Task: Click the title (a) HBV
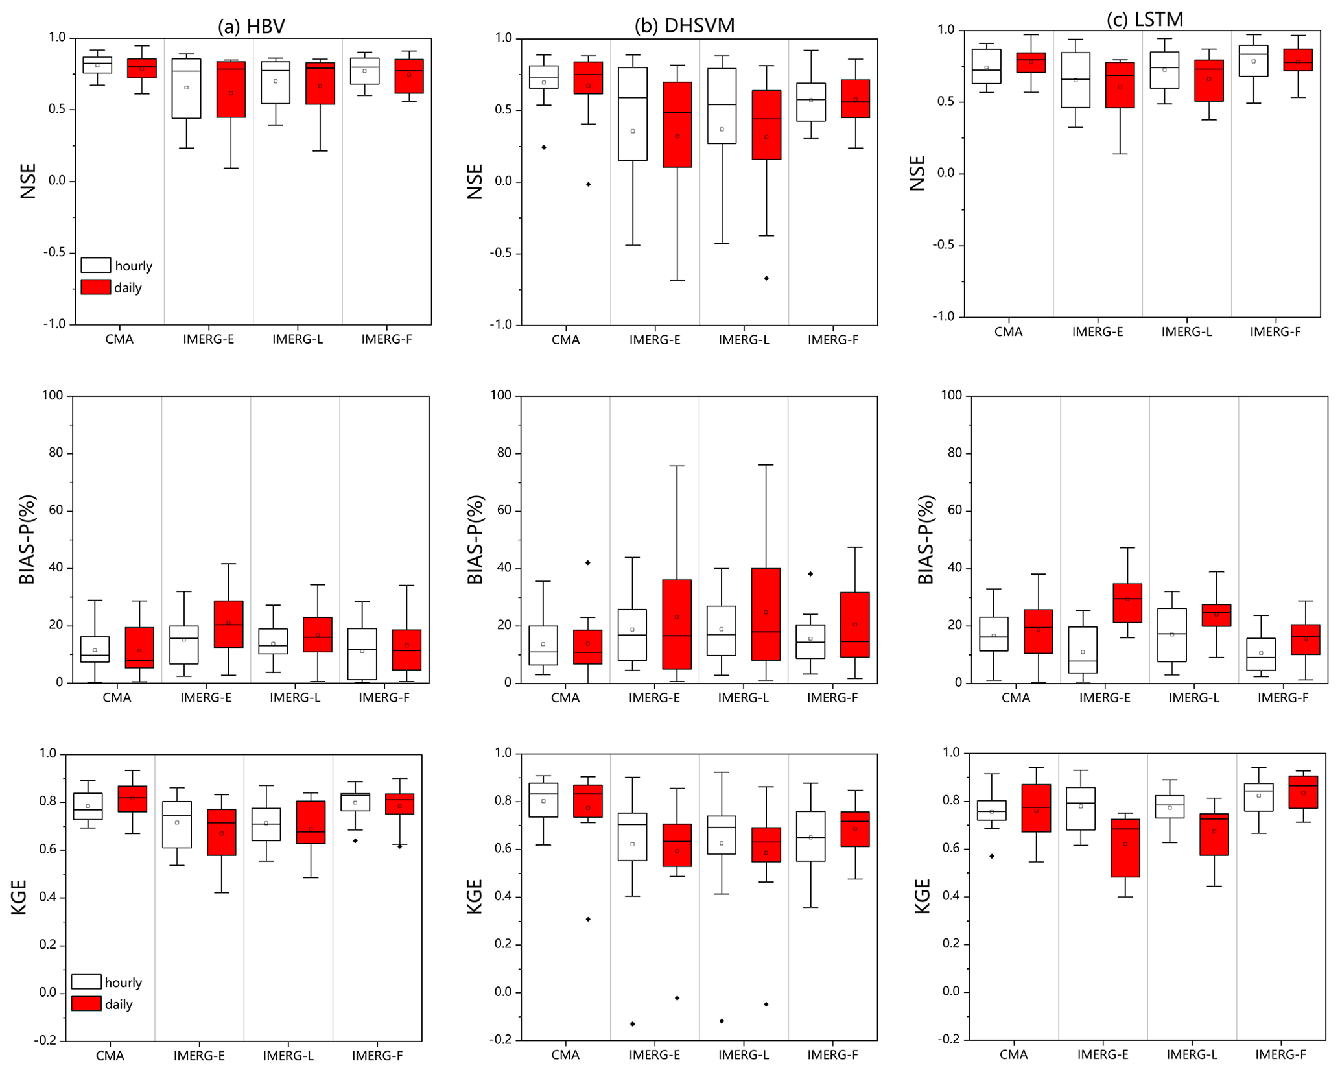pos(251,26)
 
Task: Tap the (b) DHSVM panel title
pos(685,26)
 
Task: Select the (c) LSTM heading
pos(1145,19)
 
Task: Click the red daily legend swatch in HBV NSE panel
pos(95,287)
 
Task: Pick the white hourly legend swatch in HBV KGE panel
pos(86,982)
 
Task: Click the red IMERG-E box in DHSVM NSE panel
pos(677,125)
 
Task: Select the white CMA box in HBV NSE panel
pos(97,65)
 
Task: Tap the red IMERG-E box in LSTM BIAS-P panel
pos(1127,603)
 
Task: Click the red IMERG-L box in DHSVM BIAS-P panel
pos(766,614)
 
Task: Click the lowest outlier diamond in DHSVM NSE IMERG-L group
pos(766,278)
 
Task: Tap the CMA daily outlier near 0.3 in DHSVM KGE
pos(588,919)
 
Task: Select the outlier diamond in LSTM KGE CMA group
pos(992,857)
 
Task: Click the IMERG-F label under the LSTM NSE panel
pos(1275,332)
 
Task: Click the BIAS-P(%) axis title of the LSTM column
pos(926,540)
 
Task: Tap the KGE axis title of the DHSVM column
pos(475,896)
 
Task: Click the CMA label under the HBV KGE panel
pos(110,1056)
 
